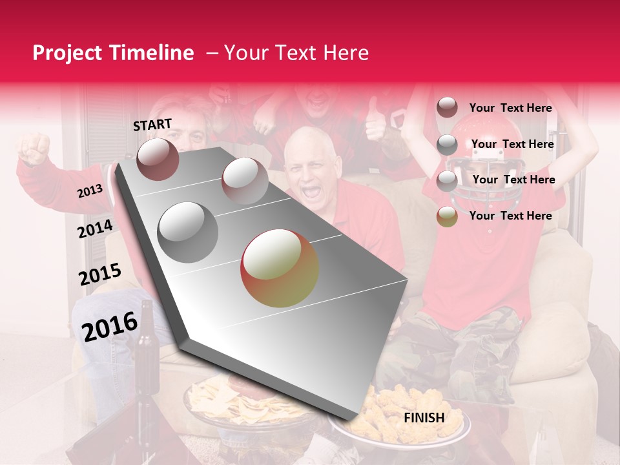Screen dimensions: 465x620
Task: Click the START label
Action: point(152,125)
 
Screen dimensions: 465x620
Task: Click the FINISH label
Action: point(424,418)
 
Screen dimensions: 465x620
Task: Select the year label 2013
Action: point(90,191)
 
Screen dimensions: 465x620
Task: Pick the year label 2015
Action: point(99,274)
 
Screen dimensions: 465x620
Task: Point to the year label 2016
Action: point(110,326)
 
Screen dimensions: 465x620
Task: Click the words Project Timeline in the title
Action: point(113,53)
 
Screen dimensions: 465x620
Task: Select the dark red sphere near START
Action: point(158,159)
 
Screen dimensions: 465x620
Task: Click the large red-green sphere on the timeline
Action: point(279,268)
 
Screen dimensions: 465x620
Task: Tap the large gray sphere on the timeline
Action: point(188,232)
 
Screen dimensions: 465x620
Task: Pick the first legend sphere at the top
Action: point(447,108)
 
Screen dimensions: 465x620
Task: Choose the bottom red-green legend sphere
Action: point(447,216)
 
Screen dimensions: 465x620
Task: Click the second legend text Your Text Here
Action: point(512,144)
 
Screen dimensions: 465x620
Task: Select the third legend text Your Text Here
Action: point(513,180)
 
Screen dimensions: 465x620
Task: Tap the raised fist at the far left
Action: point(34,148)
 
